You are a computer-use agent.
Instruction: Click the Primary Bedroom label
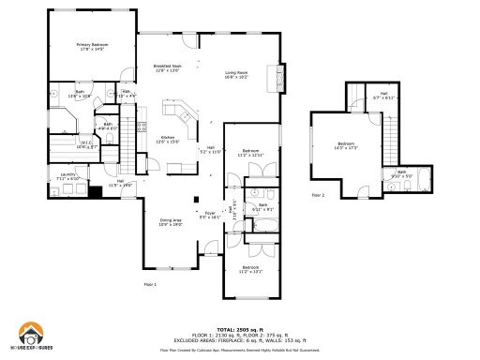[x=92, y=46]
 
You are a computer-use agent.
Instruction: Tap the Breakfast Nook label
[x=167, y=67]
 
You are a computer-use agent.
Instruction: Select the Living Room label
[x=235, y=74]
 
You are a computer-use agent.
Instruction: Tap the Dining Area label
[x=170, y=222]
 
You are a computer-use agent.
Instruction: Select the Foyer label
[x=210, y=214]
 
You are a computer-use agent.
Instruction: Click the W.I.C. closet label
[x=87, y=145]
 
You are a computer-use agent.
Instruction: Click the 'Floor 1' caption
[x=149, y=282]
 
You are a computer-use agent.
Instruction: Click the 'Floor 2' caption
[x=318, y=195]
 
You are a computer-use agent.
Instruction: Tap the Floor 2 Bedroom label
[x=347, y=145]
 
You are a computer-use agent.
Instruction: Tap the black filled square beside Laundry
[x=96, y=191]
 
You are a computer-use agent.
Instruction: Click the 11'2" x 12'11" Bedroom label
[x=251, y=152]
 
